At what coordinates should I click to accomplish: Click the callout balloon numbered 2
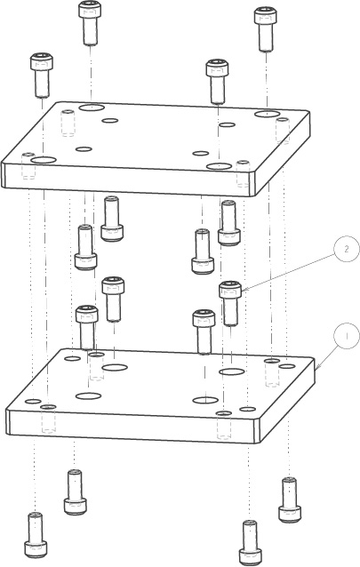347,249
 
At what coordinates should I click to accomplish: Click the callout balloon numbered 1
347,336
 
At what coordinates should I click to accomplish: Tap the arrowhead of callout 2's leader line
244,290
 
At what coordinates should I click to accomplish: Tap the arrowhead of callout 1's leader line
316,369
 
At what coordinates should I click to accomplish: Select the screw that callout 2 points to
230,303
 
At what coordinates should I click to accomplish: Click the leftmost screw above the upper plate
41,75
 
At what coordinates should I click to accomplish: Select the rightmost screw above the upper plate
266,29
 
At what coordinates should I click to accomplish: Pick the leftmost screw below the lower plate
36,534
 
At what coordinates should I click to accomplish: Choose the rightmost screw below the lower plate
290,499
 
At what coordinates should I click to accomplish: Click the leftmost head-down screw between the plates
85,246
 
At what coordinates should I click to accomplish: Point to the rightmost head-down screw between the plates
229,222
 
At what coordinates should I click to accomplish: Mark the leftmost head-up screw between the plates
87,327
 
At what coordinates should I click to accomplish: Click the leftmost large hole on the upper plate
44,159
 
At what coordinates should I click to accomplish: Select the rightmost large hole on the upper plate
267,114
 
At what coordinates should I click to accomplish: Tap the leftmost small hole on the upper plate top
84,148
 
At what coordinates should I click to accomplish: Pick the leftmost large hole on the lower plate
88,395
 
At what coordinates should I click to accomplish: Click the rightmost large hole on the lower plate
231,371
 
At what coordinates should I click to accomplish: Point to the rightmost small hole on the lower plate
287,366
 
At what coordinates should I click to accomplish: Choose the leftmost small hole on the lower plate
34,401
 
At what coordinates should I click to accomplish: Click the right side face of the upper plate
283,154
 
